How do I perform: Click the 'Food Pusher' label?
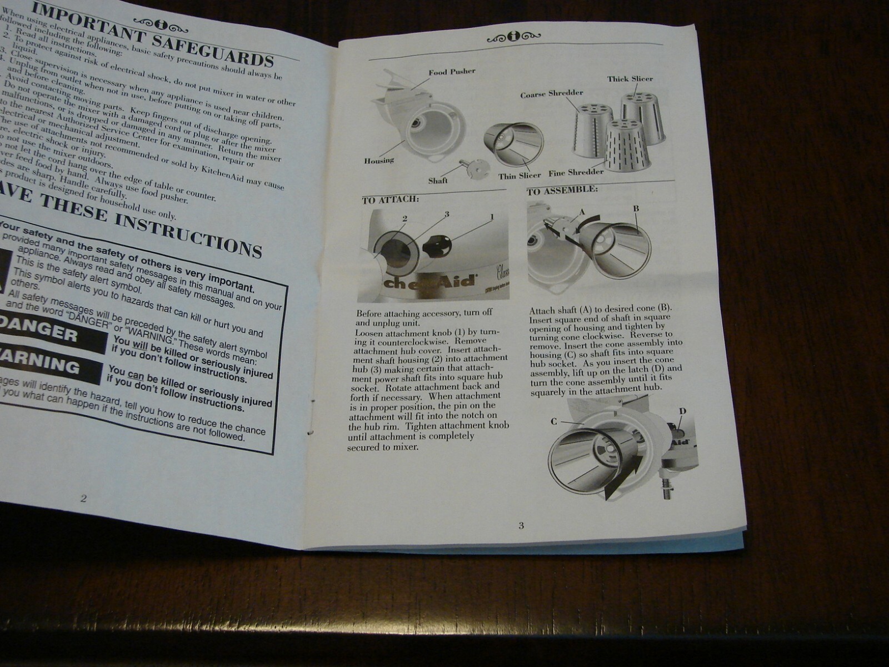point(451,72)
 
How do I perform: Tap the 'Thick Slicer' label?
point(630,79)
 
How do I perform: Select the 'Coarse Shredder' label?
point(551,94)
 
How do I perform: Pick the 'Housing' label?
point(379,161)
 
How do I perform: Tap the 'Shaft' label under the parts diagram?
point(438,180)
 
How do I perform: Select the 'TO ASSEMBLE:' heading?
point(562,190)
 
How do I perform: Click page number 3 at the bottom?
point(521,525)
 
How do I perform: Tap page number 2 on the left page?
point(83,498)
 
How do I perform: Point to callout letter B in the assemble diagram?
point(636,208)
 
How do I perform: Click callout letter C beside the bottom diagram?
point(553,421)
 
